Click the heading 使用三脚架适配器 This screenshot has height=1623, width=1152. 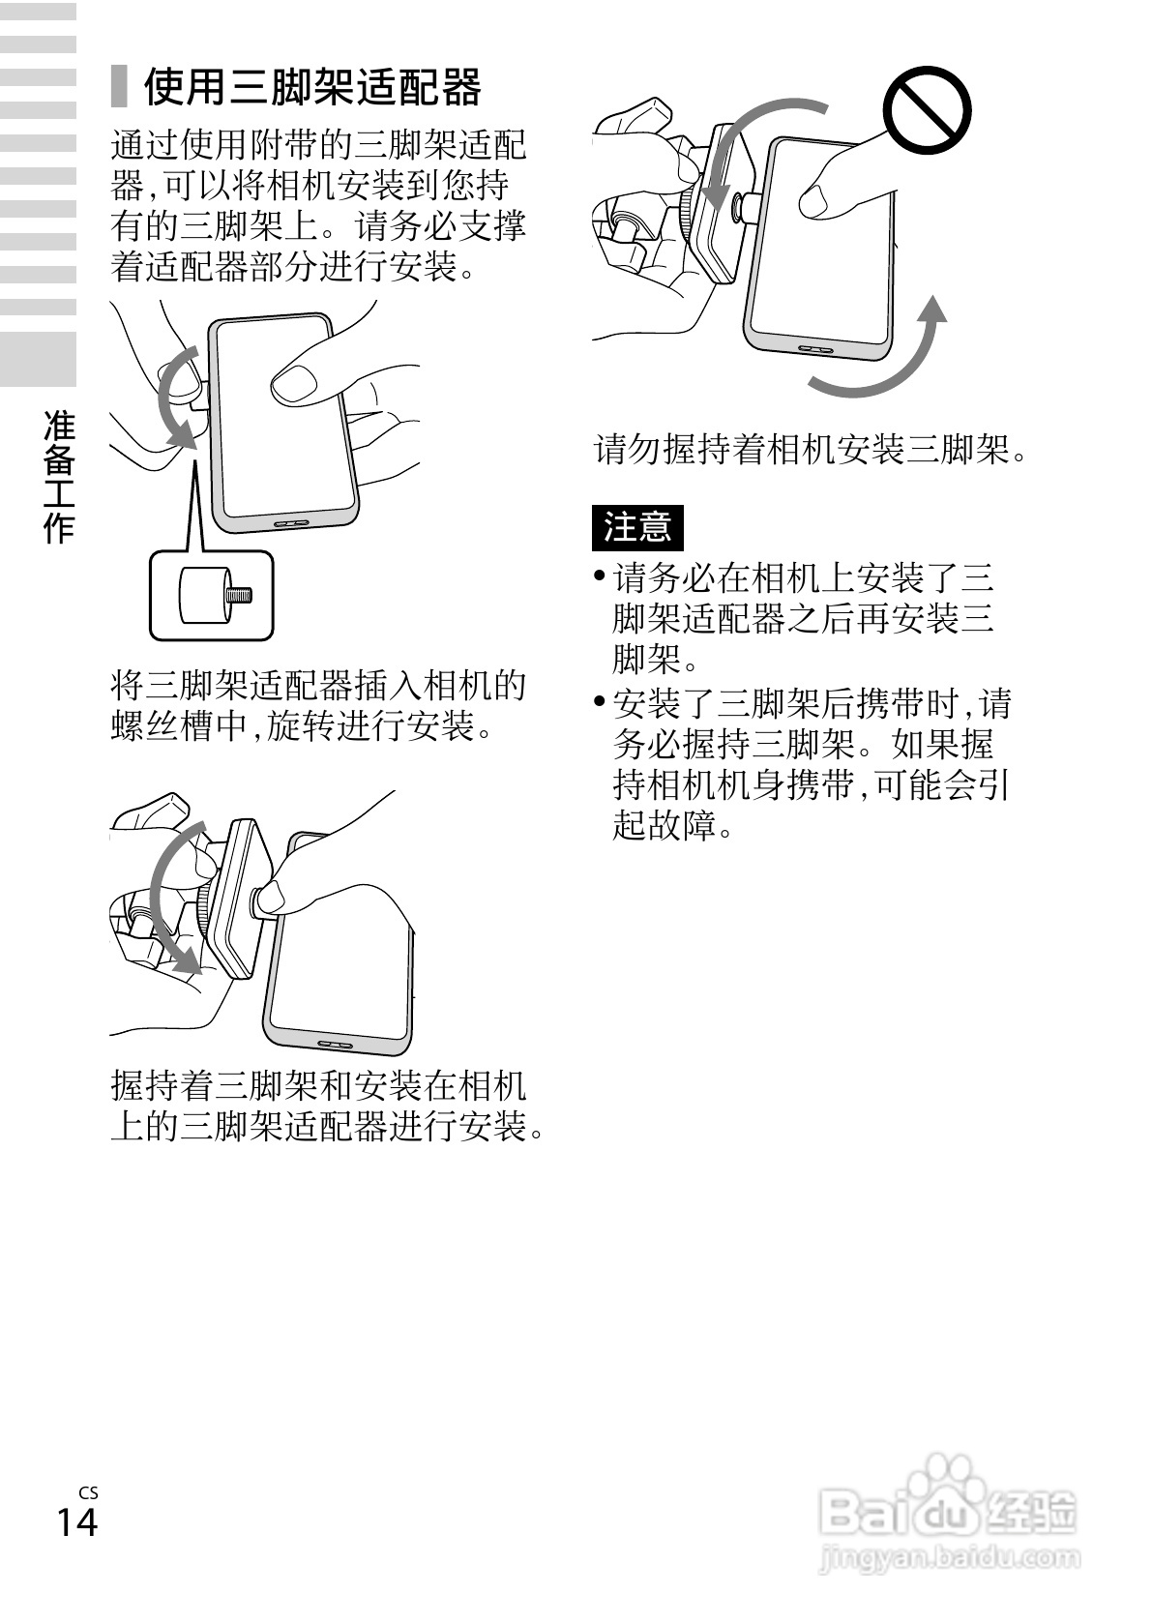point(311,88)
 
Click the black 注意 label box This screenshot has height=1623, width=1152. point(637,527)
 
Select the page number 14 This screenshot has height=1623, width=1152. point(77,1521)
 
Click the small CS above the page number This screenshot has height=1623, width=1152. point(89,1492)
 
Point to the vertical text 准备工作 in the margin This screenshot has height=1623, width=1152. point(59,475)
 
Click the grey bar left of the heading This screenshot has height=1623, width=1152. point(119,87)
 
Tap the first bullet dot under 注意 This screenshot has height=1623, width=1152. point(601,577)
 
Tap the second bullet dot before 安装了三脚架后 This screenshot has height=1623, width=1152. point(601,701)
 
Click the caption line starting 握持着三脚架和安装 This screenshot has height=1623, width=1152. point(319,1085)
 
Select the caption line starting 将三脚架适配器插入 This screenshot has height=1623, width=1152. point(319,685)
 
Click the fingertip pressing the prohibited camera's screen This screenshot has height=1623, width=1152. point(814,200)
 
